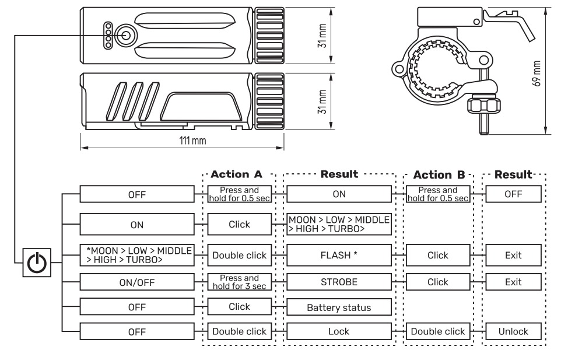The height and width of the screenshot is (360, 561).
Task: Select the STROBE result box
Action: pos(338,282)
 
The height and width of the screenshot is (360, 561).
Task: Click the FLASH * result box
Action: pos(338,255)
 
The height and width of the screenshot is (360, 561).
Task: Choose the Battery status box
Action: pos(338,307)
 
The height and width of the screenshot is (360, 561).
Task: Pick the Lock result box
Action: pos(338,331)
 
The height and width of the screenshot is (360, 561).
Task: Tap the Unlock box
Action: pos(513,331)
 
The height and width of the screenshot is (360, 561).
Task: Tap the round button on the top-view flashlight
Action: pos(125,34)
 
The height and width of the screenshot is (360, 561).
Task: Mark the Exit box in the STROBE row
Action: pos(513,282)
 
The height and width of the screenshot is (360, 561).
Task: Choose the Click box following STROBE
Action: pos(437,282)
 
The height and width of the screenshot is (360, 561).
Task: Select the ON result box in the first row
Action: pos(338,194)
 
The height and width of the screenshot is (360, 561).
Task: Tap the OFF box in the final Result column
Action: pos(513,194)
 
